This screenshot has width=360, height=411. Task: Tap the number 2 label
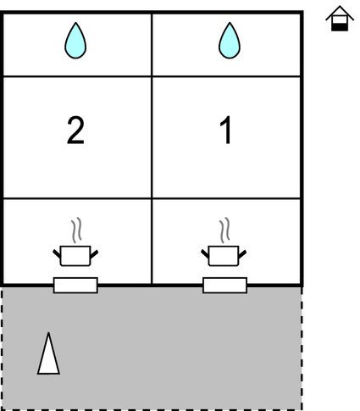tap(75, 131)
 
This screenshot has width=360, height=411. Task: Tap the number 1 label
tap(226, 131)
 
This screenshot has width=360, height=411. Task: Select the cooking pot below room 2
tap(75, 256)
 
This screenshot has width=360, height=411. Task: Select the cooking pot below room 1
tap(224, 256)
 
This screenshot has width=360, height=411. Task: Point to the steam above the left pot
tap(76, 230)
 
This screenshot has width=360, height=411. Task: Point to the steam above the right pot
tap(224, 230)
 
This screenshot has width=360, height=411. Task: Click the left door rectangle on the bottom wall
tap(75, 286)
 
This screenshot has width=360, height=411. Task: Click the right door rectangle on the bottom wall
tap(224, 286)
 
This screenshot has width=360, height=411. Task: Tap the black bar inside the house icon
tap(340, 27)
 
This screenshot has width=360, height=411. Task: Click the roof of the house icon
tap(340, 13)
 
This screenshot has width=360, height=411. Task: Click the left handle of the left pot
tap(57, 253)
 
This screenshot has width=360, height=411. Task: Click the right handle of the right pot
tap(242, 253)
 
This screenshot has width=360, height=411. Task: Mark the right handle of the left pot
tap(94, 253)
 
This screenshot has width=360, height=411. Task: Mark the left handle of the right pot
tap(205, 253)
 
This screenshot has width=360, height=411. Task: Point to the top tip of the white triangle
tap(48, 332)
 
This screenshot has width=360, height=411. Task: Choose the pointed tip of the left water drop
tap(75, 23)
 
